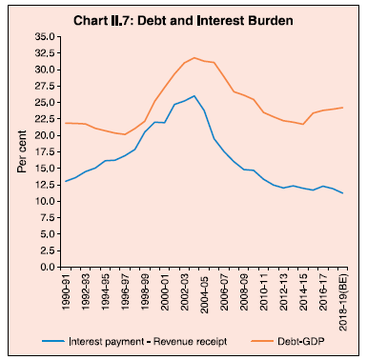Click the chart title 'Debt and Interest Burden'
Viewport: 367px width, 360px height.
[x=215, y=21]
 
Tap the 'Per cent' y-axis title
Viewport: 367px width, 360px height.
[x=22, y=151]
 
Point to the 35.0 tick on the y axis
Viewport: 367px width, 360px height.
[x=45, y=36]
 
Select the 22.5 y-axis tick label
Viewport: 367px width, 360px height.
[x=45, y=119]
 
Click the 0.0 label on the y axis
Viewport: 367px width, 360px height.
[x=48, y=267]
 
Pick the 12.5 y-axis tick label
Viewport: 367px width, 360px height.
[x=45, y=185]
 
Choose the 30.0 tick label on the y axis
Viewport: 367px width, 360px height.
[x=45, y=70]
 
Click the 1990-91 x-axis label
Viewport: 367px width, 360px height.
[x=66, y=290]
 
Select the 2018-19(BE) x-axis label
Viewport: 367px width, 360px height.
[x=342, y=301]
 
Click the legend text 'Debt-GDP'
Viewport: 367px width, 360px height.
[x=301, y=341]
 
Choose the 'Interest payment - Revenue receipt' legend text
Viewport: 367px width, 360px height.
[x=148, y=342]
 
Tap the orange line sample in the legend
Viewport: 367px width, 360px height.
[x=262, y=341]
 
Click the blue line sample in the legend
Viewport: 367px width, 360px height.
[x=53, y=341]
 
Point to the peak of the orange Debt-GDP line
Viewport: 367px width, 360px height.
[x=194, y=58]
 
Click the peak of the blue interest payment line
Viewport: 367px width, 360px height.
[x=194, y=95]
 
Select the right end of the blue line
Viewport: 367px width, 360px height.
[x=342, y=193]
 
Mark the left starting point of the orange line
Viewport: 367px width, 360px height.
[x=65, y=123]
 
